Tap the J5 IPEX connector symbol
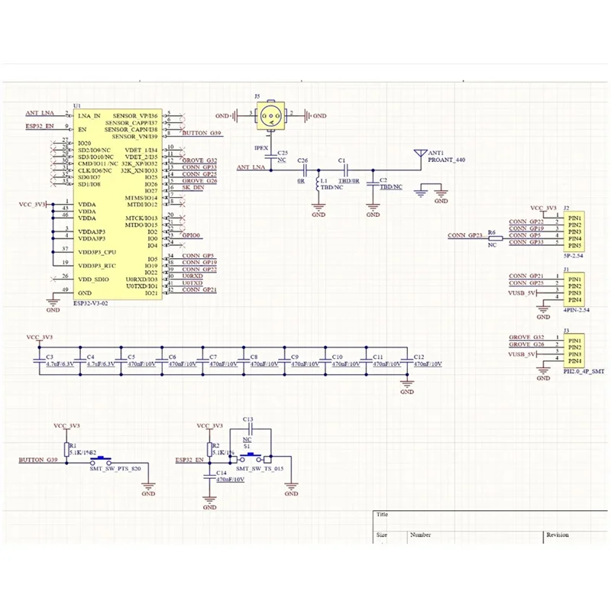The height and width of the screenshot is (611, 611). (270, 116)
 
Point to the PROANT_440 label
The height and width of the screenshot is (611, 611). (446, 160)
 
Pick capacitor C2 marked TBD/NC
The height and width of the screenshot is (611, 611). (372, 183)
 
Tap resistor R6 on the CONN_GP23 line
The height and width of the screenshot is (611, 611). (492, 238)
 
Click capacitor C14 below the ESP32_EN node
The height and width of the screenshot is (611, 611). (210, 474)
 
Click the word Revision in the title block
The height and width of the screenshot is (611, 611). (558, 535)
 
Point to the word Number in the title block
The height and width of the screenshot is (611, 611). (421, 535)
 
